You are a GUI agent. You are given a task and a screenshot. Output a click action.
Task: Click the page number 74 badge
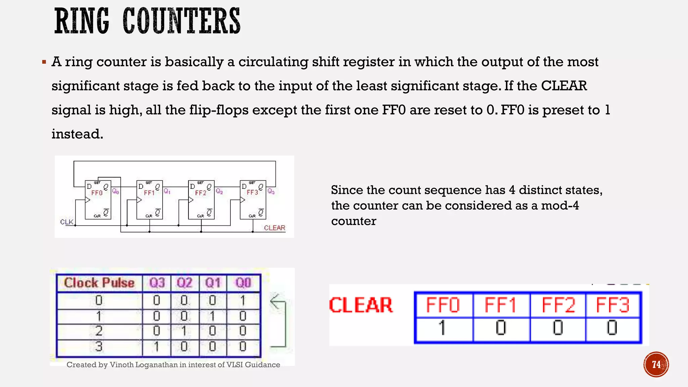point(656,364)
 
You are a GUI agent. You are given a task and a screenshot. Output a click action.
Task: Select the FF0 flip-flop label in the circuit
point(97,193)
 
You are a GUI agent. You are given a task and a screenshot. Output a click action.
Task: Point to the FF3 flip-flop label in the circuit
point(252,192)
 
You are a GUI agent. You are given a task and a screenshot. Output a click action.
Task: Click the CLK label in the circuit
point(67,222)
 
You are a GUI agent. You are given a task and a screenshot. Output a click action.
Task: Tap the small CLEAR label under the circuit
point(274,228)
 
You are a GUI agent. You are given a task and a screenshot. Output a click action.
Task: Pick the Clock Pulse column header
point(99,283)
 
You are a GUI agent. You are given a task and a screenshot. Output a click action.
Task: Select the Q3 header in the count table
point(157,283)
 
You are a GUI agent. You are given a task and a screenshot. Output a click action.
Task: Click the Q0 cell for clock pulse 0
point(243,300)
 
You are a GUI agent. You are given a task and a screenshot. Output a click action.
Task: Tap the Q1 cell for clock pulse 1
point(212,316)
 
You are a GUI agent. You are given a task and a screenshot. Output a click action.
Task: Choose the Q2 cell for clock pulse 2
point(184,331)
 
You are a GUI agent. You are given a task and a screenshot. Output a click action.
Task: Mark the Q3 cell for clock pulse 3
point(157,346)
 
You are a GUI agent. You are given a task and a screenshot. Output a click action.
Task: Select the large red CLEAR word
point(361,305)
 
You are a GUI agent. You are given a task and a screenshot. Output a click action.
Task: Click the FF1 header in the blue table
point(501,305)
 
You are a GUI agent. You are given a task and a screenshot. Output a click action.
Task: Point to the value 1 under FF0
point(442,328)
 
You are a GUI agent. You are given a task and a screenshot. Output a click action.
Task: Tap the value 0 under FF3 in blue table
point(612,328)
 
